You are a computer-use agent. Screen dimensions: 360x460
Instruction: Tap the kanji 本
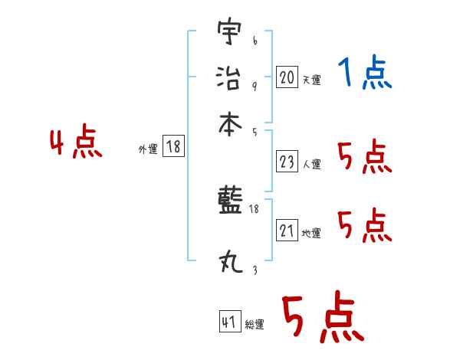click(x=228, y=123)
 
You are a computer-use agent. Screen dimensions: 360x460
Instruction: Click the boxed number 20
click(x=287, y=77)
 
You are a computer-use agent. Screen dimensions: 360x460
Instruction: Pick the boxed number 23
click(x=287, y=162)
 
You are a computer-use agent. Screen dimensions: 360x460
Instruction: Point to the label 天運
click(x=311, y=80)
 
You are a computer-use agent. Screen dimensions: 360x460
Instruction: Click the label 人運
click(x=311, y=164)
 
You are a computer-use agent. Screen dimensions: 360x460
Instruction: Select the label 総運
click(x=255, y=325)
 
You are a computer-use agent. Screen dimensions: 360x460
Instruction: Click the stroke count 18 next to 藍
click(x=255, y=208)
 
